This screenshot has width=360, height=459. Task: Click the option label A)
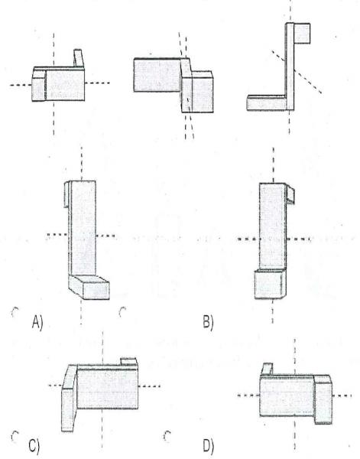(x=37, y=322)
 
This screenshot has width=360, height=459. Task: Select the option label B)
(x=208, y=322)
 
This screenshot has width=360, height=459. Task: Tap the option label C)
(x=34, y=446)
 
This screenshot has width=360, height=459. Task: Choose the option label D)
(x=208, y=446)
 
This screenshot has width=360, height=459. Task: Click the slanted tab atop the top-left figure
(x=79, y=58)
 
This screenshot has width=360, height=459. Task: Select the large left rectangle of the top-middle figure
(x=157, y=75)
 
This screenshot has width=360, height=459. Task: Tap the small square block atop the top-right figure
(x=302, y=34)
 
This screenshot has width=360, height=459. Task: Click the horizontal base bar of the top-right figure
(x=266, y=103)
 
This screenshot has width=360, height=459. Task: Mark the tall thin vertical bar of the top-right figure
(x=290, y=67)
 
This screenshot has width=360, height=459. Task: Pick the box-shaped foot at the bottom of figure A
(x=89, y=287)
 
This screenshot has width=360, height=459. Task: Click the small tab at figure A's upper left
(x=67, y=194)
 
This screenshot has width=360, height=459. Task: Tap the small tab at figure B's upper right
(x=290, y=194)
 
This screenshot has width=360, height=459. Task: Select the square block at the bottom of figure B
(x=269, y=284)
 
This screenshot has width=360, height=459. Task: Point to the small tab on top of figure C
(x=128, y=362)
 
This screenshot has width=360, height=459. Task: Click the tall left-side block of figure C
(x=69, y=398)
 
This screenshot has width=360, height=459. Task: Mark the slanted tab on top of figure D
(x=268, y=369)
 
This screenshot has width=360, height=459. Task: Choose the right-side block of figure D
(x=323, y=399)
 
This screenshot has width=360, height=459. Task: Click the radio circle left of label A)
(x=15, y=312)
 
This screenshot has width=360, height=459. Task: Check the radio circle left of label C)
(x=15, y=436)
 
